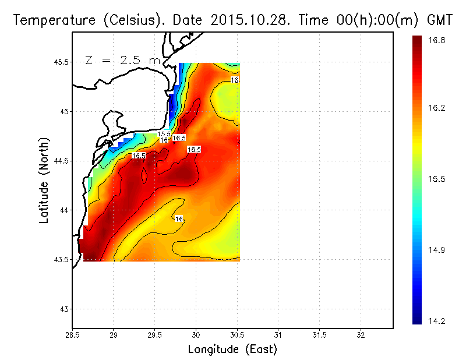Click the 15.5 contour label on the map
pyautogui.click(x=164, y=135)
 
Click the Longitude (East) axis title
pyautogui.click(x=232, y=350)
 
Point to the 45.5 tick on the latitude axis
pyautogui.click(x=59, y=62)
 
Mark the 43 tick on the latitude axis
pyautogui.click(x=64, y=309)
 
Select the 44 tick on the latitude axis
pyautogui.click(x=64, y=210)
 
